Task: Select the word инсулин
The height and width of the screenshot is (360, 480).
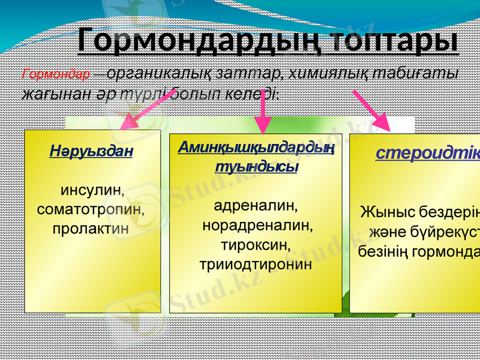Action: coord(92,191)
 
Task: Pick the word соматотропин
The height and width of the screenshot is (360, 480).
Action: coord(92,210)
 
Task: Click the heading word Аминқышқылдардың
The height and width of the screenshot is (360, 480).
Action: coord(256,148)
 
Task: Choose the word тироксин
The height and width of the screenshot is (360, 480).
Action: coord(256,245)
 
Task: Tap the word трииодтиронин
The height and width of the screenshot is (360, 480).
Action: coord(256,264)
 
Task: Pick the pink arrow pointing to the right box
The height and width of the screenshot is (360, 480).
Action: coord(371,110)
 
